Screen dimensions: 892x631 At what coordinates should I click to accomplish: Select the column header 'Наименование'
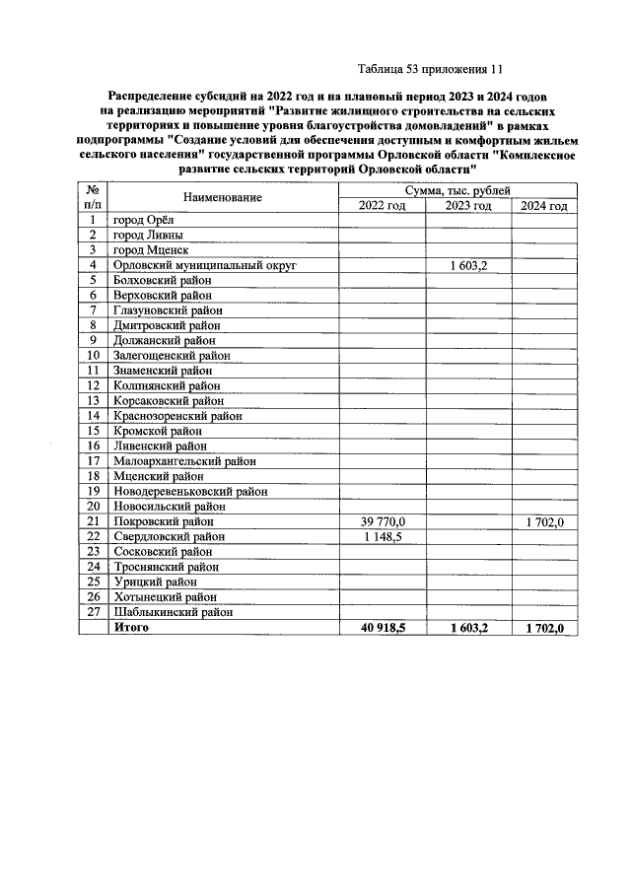222,198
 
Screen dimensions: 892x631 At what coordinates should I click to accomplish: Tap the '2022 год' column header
382,205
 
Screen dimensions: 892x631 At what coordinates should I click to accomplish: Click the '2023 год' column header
468,205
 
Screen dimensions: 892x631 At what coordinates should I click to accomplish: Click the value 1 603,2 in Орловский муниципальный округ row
468,265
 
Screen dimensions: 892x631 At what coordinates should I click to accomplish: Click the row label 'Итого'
131,627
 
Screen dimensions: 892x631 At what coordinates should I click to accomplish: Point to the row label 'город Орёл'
143,220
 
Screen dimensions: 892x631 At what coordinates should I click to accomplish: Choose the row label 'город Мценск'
149,250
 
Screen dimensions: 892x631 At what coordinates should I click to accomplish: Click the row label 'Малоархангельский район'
184,460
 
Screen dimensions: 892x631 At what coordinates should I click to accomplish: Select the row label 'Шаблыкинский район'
173,611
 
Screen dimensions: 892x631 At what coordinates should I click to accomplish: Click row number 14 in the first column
94,416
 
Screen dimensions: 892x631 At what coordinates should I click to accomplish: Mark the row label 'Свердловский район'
169,536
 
